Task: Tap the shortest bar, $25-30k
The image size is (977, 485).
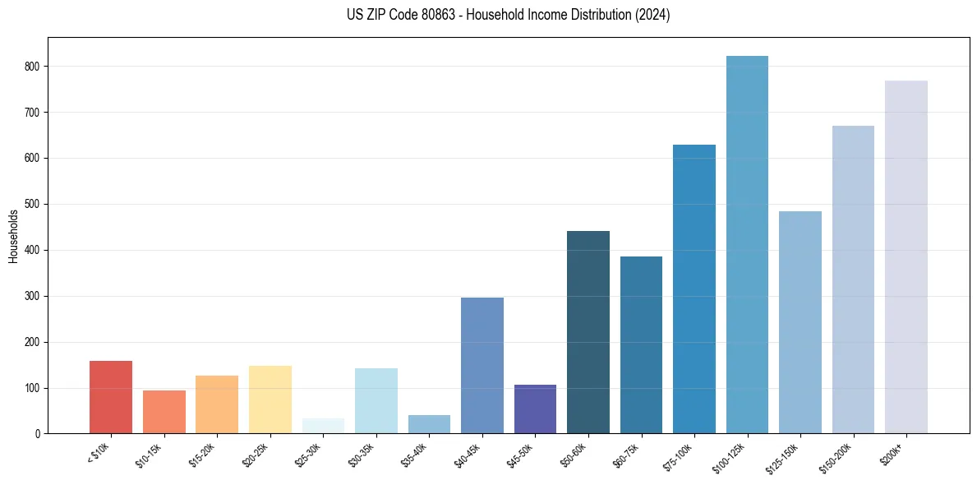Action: (x=323, y=426)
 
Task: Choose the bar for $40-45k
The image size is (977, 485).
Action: (x=482, y=366)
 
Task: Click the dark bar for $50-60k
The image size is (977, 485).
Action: (x=588, y=332)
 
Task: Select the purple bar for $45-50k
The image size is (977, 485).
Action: (x=535, y=409)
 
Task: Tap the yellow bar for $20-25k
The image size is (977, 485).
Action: (x=270, y=400)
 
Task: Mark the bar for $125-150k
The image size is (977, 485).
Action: (x=800, y=322)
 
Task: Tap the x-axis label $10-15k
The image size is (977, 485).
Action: (x=149, y=455)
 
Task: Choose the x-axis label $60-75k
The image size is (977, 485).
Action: (x=626, y=455)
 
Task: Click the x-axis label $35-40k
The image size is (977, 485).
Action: (x=414, y=455)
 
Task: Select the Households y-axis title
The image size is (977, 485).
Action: (x=14, y=236)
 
